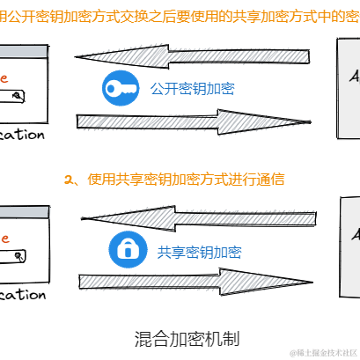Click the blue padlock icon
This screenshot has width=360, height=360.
tap(125, 251)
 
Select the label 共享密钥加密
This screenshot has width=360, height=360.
tap(199, 252)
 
